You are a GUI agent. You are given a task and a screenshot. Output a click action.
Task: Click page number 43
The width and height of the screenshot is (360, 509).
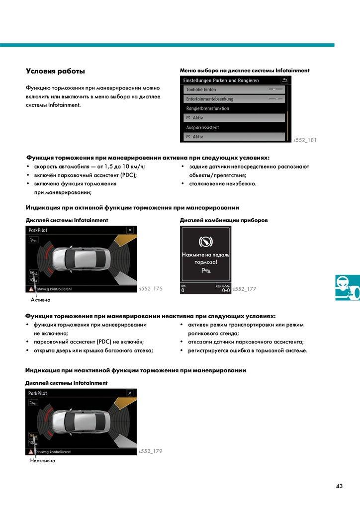coord(339,486)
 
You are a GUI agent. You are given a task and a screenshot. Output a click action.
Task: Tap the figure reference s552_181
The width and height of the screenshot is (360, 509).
coord(305,140)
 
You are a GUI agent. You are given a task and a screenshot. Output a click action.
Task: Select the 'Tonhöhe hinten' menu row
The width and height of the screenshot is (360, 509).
coord(234,90)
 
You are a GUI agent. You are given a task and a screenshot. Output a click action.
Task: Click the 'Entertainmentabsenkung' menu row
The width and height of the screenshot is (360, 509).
coord(234,99)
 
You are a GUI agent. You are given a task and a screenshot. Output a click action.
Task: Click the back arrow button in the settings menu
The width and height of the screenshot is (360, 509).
coord(285,80)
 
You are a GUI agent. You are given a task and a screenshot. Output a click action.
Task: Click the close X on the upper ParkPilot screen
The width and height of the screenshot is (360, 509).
coord(130,230)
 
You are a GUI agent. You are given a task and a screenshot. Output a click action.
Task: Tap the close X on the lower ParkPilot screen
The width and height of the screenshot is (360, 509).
coord(130,393)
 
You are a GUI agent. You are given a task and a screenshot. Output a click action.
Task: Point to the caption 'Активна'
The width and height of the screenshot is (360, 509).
coord(40,300)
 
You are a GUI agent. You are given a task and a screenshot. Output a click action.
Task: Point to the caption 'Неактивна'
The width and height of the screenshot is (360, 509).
coord(42,461)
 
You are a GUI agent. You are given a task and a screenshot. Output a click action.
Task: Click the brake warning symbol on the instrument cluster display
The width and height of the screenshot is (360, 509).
coord(205,242)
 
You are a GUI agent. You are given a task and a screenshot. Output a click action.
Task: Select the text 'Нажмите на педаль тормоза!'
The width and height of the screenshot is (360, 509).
coord(205,258)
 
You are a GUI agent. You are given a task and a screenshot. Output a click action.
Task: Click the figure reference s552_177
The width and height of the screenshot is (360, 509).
coord(245,289)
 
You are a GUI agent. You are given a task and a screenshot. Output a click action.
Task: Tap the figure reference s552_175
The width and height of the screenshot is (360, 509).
coord(151,289)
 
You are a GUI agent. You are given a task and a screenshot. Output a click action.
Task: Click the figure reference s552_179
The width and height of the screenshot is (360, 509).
coord(151,451)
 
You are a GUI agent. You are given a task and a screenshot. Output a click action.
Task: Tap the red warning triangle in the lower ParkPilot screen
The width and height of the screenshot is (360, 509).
coord(31,452)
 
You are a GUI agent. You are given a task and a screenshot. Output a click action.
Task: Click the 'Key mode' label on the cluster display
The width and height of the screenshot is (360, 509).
coord(222,286)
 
